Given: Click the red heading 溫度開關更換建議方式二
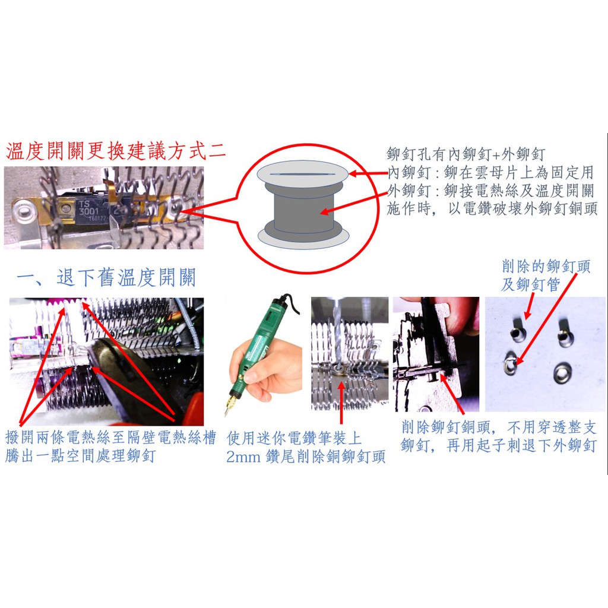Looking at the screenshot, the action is (x=116, y=151).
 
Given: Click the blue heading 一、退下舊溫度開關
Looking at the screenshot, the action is (x=106, y=278).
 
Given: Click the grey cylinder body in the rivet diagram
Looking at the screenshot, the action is (x=303, y=213).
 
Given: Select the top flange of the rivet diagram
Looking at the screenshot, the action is (x=303, y=175).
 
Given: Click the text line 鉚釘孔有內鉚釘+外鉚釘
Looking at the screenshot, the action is (x=466, y=154).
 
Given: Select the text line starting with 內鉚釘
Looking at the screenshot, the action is (x=491, y=172).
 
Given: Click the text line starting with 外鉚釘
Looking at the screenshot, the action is (x=491, y=191).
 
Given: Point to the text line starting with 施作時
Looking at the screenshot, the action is (x=492, y=208).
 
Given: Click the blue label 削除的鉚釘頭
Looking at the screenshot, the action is (x=546, y=267).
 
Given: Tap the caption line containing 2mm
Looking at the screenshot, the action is (x=306, y=457).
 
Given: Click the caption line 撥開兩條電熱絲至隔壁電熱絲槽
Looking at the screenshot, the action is (x=110, y=438).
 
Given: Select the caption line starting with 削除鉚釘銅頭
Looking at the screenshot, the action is (x=499, y=427).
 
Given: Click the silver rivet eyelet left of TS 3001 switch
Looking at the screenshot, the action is (x=23, y=211).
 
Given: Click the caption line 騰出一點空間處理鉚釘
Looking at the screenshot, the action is (x=80, y=455).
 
